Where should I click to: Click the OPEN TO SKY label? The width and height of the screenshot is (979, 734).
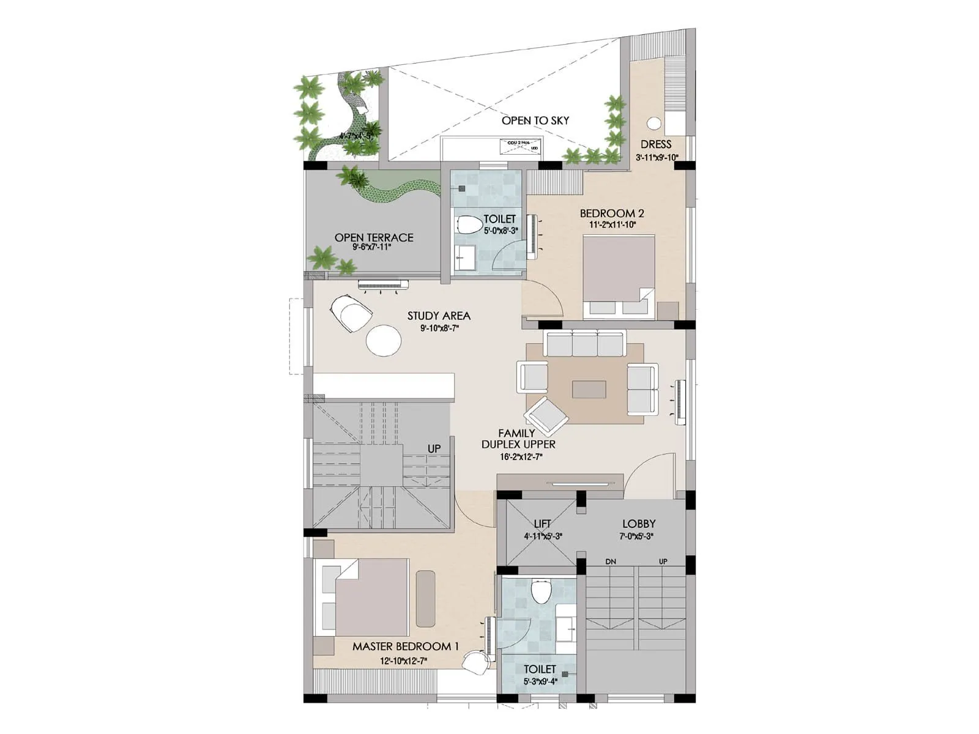coord(535,120)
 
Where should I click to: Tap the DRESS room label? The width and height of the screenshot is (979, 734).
coord(656,144)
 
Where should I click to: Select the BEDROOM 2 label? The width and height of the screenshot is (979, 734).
coord(611,213)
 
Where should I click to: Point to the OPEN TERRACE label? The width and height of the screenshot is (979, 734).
coord(373,237)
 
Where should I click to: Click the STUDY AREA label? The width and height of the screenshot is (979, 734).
coord(439,316)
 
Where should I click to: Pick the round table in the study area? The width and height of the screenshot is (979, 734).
coord(384,340)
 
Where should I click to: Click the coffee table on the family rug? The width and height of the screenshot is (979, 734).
coord(589,390)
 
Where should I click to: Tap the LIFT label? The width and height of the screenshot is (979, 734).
coord(542,524)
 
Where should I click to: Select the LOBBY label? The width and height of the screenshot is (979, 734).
coord(638,524)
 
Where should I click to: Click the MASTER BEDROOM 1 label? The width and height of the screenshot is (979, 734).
coord(405,647)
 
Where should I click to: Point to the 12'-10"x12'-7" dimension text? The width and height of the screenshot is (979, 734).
coord(403,661)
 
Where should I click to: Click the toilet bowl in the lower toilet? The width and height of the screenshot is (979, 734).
coord(541,591)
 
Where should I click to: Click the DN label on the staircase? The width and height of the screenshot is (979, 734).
coord(610,562)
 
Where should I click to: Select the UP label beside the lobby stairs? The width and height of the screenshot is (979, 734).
coord(663,562)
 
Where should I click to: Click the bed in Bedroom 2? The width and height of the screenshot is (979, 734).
coord(619,275)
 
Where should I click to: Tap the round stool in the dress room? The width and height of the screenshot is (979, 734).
coord(654,123)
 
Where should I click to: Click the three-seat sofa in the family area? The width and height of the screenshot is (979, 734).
coord(584,344)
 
